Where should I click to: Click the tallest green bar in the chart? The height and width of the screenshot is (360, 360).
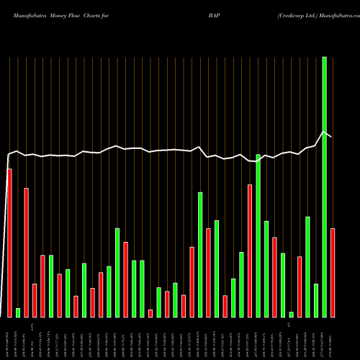(x=324, y=187)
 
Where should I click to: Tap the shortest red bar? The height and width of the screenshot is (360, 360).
(x=150, y=313)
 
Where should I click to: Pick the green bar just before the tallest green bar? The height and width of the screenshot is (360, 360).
(x=315, y=300)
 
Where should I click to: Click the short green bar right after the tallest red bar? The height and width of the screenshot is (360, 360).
(x=18, y=312)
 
